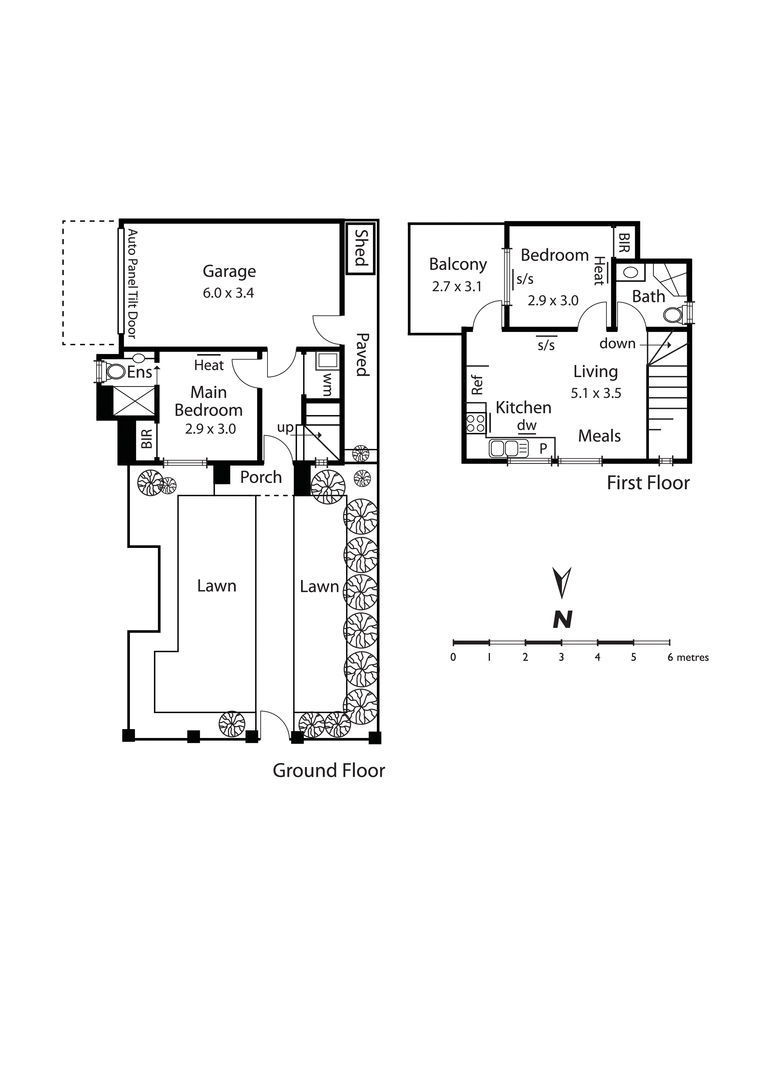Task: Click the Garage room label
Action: pyautogui.click(x=229, y=272)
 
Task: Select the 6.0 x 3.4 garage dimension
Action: pyautogui.click(x=228, y=293)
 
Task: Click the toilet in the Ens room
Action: pyautogui.click(x=115, y=372)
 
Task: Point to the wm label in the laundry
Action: pyautogui.click(x=327, y=384)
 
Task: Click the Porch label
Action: pyautogui.click(x=261, y=477)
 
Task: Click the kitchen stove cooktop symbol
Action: pyautogui.click(x=476, y=423)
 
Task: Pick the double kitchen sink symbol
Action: pyautogui.click(x=509, y=449)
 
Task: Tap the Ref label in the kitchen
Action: pyautogui.click(x=477, y=385)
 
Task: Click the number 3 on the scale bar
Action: pyautogui.click(x=561, y=657)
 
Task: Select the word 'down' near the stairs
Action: pyautogui.click(x=617, y=344)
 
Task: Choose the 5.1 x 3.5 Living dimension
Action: pyautogui.click(x=596, y=393)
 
